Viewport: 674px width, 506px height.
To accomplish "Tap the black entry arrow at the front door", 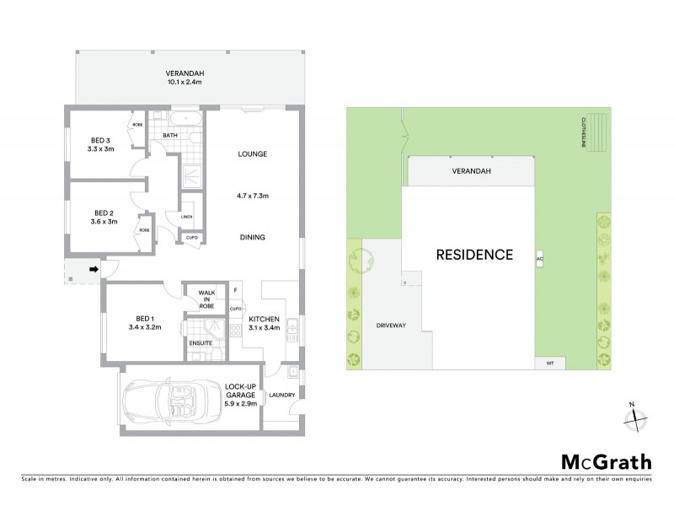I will [94, 270].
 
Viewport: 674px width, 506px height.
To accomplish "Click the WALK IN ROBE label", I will [206, 298].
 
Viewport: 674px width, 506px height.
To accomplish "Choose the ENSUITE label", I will [200, 344].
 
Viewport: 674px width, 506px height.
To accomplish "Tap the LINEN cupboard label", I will [187, 217].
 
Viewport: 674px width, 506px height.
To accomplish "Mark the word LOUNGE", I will [252, 154].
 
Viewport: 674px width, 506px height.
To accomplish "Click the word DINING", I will [252, 238].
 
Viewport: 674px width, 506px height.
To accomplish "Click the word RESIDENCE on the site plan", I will [474, 254].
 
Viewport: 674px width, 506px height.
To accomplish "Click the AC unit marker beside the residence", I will [539, 258].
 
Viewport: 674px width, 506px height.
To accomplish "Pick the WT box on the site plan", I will [550, 363].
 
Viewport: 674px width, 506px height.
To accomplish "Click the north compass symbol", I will [636, 415].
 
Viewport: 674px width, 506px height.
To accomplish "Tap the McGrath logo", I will [606, 462].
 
